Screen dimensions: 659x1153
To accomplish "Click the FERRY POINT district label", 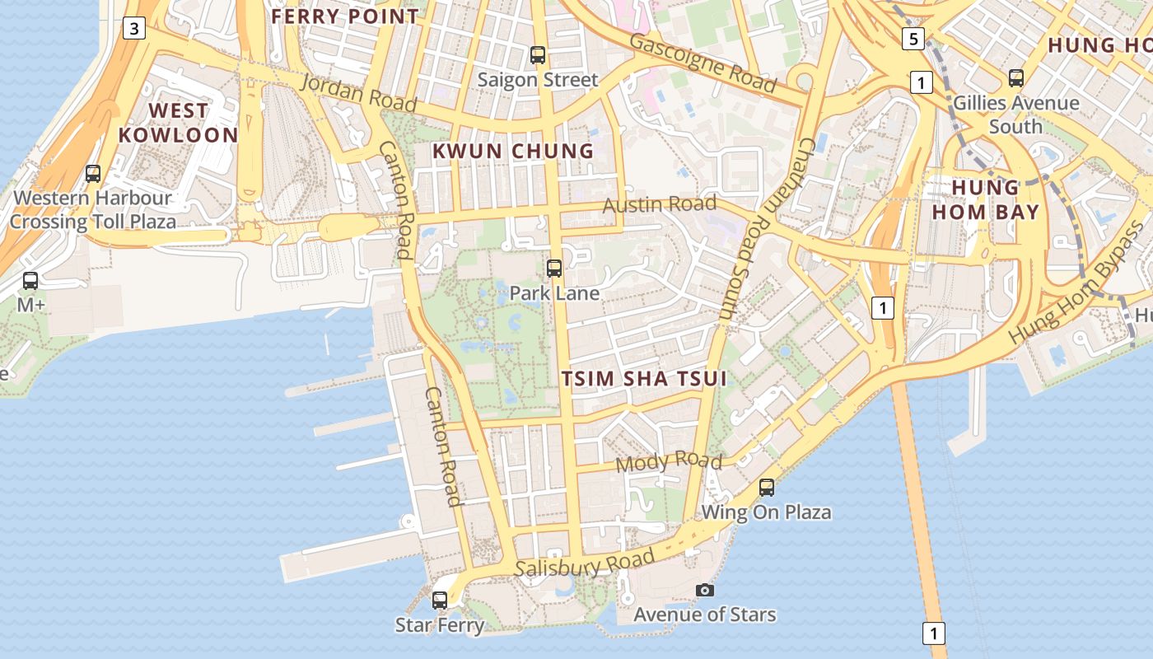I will tap(345, 16).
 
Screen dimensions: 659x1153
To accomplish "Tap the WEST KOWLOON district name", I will tap(178, 123).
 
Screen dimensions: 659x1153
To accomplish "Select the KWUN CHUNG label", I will tap(513, 151).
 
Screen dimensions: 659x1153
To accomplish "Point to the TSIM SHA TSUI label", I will tap(645, 378).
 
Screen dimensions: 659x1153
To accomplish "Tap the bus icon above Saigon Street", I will tap(538, 55).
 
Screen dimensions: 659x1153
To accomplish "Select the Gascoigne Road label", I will tap(703, 63).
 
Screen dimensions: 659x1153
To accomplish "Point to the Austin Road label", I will tap(660, 203).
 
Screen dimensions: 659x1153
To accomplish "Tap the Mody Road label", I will tap(669, 462).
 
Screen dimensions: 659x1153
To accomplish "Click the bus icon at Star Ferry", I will tap(440, 600).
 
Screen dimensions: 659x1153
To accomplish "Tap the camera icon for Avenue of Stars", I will tap(704, 590).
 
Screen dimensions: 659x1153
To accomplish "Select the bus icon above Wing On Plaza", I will tap(767, 487).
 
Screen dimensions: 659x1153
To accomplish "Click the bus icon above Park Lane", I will tap(554, 268).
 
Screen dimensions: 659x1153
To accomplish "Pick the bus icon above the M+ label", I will tap(30, 280).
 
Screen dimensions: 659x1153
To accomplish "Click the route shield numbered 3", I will tap(134, 29).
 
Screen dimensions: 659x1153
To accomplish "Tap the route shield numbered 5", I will tap(913, 38).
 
